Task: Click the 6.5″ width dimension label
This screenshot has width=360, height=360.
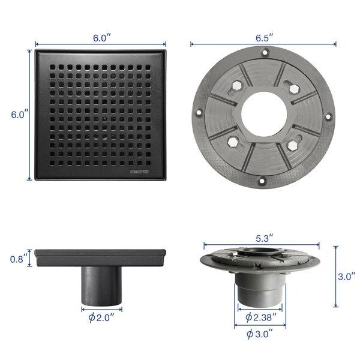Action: (x=264, y=38)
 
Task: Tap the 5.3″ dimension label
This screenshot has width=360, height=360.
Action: (x=264, y=238)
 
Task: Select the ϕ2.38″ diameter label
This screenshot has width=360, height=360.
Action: (x=260, y=317)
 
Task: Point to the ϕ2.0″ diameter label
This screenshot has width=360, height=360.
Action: (x=101, y=318)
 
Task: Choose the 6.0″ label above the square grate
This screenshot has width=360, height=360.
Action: (x=102, y=38)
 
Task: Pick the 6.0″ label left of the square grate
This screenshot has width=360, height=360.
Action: (x=20, y=115)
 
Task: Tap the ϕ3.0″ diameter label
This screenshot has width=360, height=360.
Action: (x=260, y=334)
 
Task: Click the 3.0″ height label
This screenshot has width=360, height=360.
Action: (x=346, y=277)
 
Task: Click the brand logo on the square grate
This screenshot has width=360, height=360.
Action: (x=139, y=171)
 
